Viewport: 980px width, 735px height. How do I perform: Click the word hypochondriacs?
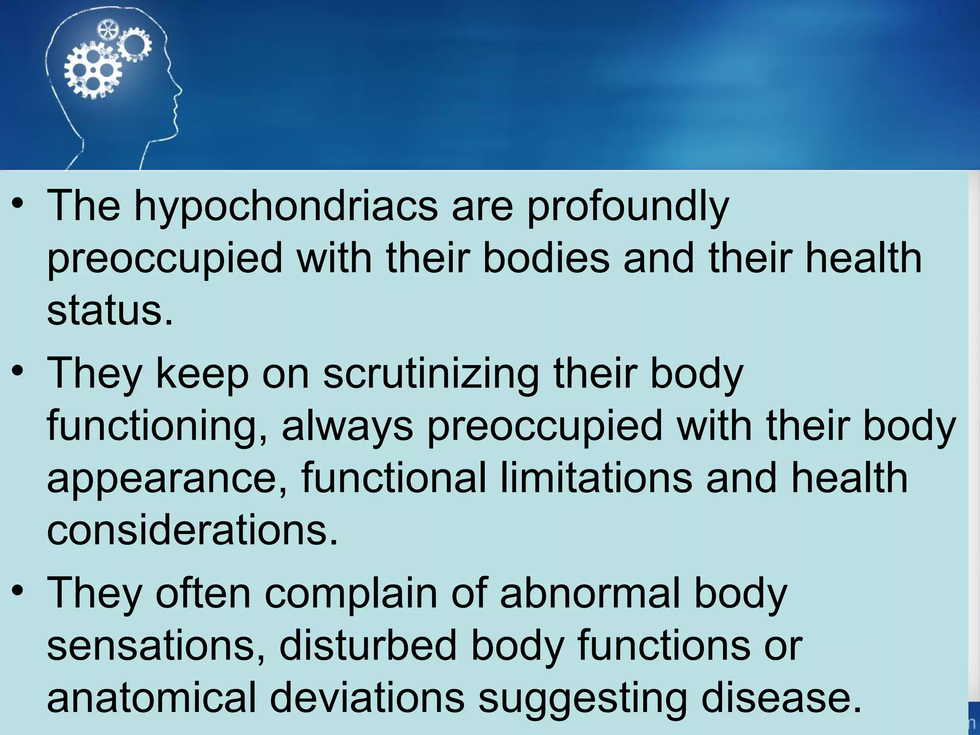(286, 207)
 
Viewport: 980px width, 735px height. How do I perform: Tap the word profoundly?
(628, 207)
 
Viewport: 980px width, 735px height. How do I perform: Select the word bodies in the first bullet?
(546, 258)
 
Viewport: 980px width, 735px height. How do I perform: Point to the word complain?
(351, 593)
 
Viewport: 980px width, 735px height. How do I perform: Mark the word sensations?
(156, 646)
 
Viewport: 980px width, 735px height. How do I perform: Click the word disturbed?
(368, 646)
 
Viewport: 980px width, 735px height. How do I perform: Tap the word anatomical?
(152, 698)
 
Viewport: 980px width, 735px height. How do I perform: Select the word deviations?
(367, 698)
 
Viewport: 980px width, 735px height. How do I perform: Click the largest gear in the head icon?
(92, 70)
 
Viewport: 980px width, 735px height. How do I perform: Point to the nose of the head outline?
(180, 90)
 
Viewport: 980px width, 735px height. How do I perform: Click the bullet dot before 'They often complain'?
(18, 590)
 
